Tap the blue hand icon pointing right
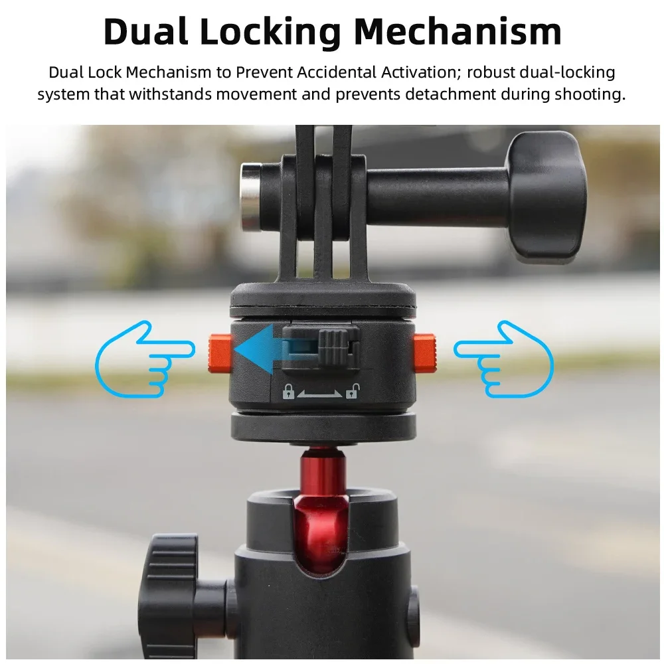click(145, 359)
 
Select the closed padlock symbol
click(288, 392)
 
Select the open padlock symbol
click(352, 392)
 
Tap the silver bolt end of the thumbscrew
click(250, 198)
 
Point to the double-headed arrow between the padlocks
click(320, 393)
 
